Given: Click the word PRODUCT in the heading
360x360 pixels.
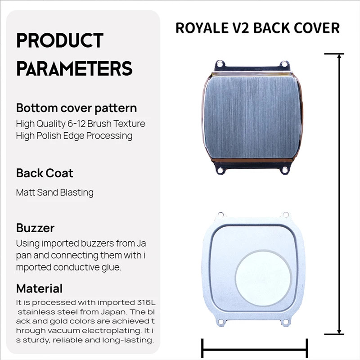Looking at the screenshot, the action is coord(60,40).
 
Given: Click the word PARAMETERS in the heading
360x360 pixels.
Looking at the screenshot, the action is coord(74,68).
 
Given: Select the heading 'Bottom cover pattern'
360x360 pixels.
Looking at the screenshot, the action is coord(76,108).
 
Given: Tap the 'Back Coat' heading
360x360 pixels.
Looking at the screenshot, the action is coord(45,173).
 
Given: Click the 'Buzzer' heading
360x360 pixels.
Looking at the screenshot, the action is coord(36,228).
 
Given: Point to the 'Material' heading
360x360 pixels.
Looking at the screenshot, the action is coord(39,288).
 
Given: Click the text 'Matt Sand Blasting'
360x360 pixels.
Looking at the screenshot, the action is coord(54,193).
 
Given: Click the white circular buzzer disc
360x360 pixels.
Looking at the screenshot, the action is coord(263,278).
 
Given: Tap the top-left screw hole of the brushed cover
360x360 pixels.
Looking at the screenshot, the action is coord(220,63).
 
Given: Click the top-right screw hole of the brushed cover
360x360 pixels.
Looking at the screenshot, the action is coord(284,63).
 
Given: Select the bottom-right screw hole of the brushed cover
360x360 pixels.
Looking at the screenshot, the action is coord(284,170).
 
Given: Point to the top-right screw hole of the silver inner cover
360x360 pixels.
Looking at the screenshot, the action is coord(286,215).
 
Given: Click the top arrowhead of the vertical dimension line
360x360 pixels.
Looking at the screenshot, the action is coord(339,57).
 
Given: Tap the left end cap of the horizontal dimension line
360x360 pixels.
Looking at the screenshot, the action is coord(202,348).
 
